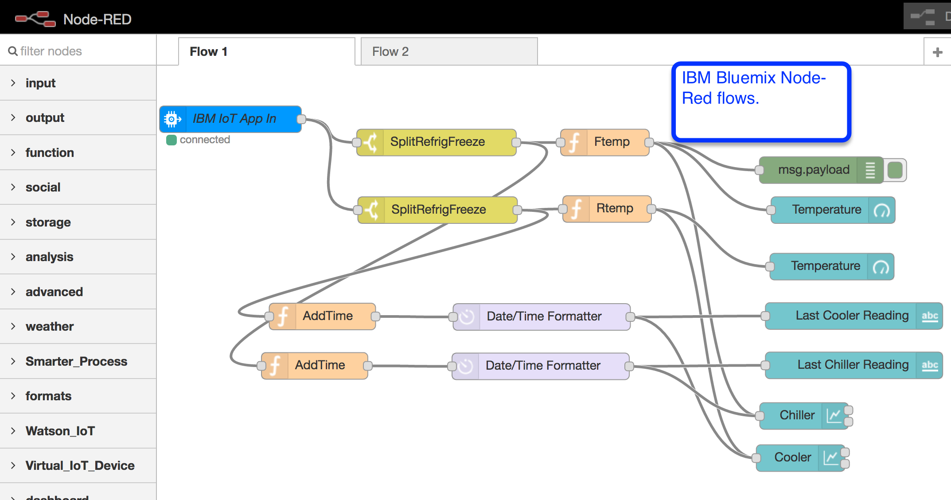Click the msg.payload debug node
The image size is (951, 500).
coord(813,170)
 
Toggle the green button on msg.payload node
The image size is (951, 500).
coord(895,170)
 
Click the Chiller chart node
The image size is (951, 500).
coord(797,415)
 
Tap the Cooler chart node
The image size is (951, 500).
coord(792,457)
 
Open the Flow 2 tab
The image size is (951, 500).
coord(448,52)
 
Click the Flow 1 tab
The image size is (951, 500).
coord(266,52)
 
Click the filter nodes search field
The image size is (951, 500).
coord(80,51)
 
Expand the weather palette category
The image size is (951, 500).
coord(50,327)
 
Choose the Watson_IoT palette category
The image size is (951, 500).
coord(60,431)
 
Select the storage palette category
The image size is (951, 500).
coord(48,222)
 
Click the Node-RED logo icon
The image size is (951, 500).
coord(35,19)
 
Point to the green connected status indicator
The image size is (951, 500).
coord(171,140)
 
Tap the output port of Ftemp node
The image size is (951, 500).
coord(649,142)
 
